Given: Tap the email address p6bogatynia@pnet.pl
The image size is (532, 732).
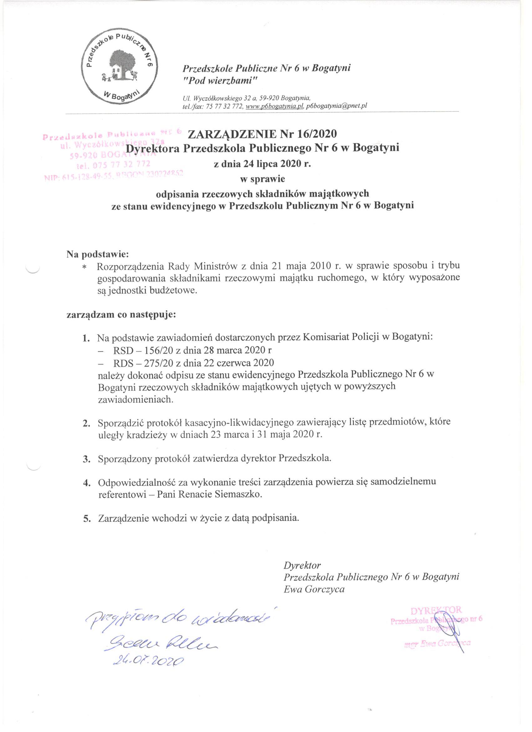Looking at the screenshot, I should [337, 106].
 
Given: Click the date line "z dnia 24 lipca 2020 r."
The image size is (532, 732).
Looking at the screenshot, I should [262, 164].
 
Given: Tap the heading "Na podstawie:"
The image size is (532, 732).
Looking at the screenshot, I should [98, 254].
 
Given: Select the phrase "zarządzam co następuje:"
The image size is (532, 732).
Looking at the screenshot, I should [121, 315].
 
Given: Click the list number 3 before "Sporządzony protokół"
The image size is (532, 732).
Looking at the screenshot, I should [86, 459].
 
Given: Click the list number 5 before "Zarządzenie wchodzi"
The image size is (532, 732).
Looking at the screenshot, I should [86, 518].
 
